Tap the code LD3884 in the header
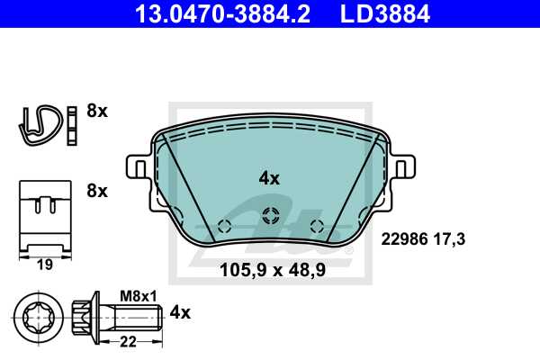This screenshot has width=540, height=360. tap(388, 13)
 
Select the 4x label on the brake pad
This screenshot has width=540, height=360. tap(269, 178)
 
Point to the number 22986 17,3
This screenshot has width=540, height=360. tap(426, 239)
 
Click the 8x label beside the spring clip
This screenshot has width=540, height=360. tap(97, 112)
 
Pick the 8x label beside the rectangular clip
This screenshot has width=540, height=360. tap(97, 191)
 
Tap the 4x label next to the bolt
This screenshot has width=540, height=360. tap(180, 312)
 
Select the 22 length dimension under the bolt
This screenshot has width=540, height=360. tap(129, 343)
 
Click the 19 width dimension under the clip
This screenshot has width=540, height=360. tap(44, 265)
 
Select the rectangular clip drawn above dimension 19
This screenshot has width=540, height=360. tap(44, 216)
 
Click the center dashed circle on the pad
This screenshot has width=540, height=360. tap(269, 216)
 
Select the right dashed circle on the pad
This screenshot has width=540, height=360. tap(315, 225)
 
